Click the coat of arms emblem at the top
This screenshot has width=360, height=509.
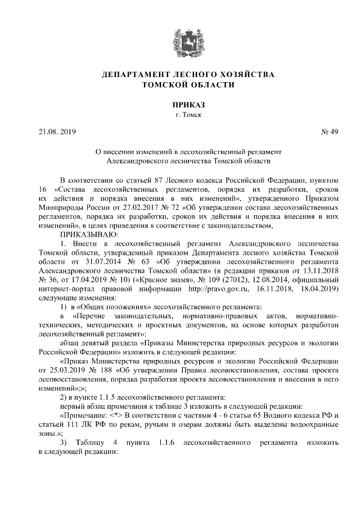[180, 40]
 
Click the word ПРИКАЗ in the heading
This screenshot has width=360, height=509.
[179, 105]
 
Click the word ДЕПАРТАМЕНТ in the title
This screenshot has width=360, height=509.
[130, 74]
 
